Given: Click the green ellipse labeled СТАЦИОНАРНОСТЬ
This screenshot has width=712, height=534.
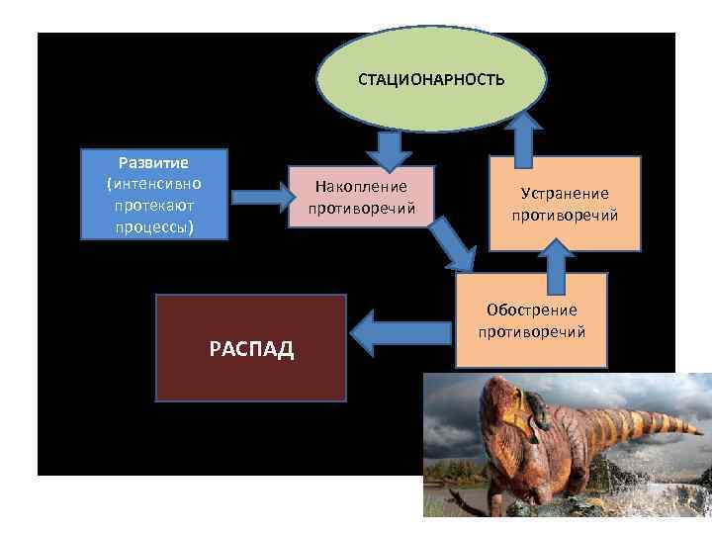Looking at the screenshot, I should (431, 80).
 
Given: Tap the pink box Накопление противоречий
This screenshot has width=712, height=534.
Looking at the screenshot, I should (360, 197).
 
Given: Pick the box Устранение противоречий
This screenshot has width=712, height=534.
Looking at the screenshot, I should (565, 204).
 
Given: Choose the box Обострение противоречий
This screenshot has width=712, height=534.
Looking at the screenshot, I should (532, 320).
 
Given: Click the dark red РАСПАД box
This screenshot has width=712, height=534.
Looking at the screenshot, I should (251, 347).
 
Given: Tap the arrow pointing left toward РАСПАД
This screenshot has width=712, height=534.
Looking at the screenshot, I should (400, 332).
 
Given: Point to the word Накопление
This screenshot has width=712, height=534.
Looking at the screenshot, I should (360, 186).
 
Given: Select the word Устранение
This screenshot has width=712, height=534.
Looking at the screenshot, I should (565, 193).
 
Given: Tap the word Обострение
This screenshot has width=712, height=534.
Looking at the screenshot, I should (532, 310).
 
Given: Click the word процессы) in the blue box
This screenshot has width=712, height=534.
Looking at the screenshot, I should (153, 226).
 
